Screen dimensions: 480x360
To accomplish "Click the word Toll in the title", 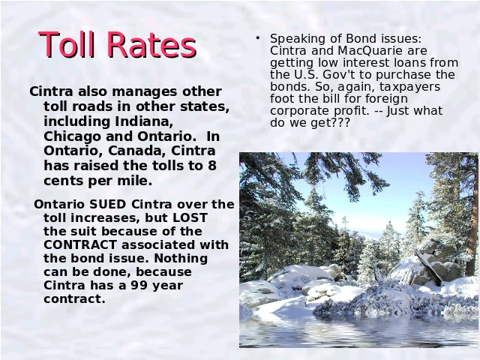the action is click(x=66, y=45).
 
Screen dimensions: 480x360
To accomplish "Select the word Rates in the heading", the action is click(x=151, y=45).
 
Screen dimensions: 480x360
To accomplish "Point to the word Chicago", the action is click(x=72, y=136).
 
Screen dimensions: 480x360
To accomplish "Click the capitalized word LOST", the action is click(x=190, y=217).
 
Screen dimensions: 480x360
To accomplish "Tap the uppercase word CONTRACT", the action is click(x=80, y=245).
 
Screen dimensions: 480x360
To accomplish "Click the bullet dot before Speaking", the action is click(x=258, y=38).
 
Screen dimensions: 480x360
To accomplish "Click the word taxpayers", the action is click(x=410, y=87).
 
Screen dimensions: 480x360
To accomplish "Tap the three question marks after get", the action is click(x=340, y=122).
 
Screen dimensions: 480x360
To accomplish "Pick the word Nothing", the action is click(x=181, y=258).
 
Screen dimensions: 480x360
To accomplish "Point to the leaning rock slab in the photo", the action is click(x=428, y=267).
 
